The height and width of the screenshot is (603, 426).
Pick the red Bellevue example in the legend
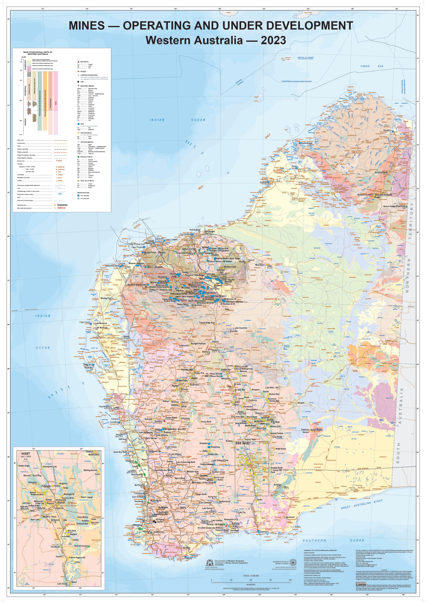pyautogui.click(x=62, y=208)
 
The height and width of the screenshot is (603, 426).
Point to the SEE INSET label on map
pyautogui.click(x=243, y=443)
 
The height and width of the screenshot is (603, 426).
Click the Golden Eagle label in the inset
pyautogui.click(x=24, y=466)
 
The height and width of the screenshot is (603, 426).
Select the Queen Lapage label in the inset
pyautogui.click(x=87, y=497)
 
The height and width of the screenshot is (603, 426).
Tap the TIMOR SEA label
pyautogui.click(x=372, y=66)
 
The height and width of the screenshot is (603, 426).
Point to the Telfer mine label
pyautogui.click(x=270, y=266)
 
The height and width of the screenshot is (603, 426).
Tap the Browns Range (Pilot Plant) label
pyautogui.click(x=394, y=206)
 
